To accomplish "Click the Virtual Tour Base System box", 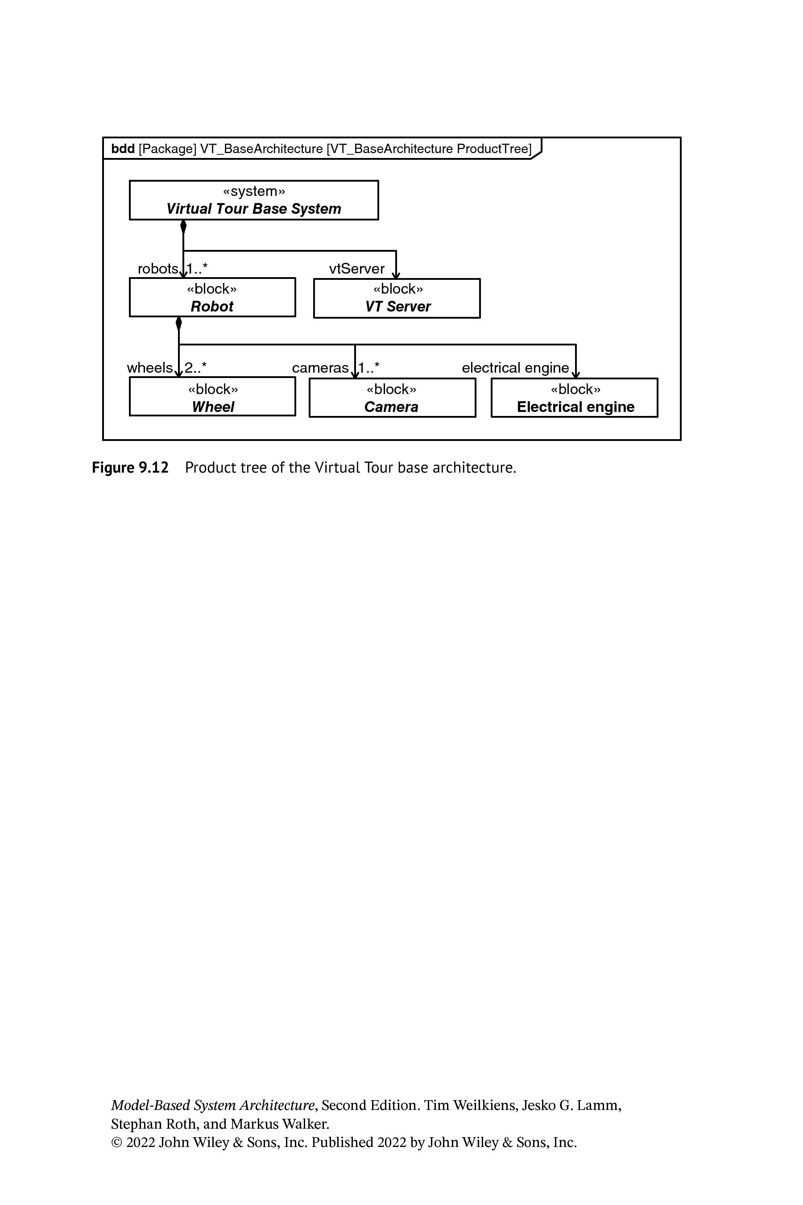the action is coord(254,200).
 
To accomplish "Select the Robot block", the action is coord(212,297).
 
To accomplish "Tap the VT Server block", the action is coord(397,298).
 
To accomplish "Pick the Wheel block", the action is coord(212,396).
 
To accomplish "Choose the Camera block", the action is coord(392,398).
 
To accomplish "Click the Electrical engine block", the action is coord(575,398).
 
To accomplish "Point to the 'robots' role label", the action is coord(158,269).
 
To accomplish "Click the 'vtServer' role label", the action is coord(357,269).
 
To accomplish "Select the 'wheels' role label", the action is coord(149,367).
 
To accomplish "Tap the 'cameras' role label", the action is coord(320,367).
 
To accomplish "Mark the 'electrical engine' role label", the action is coord(515,368).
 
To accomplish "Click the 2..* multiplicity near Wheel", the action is coord(196,367).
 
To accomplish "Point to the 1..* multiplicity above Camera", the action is coord(369,367).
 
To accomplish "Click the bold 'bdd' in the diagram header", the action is coord(123,149).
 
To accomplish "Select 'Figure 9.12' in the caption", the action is coord(130,467).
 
